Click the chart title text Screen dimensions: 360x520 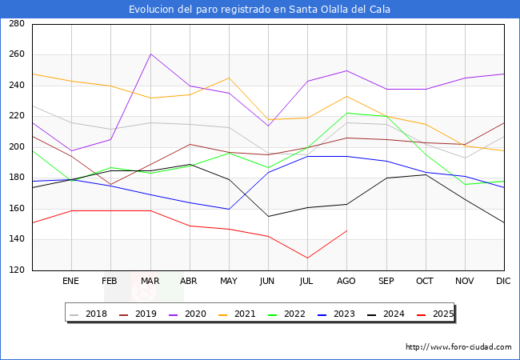tap(260, 10)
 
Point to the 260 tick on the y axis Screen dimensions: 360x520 tap(16, 54)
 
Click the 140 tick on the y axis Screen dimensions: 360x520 tap(16, 240)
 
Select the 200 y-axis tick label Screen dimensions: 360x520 tap(16, 147)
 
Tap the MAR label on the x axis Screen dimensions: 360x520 tap(150, 282)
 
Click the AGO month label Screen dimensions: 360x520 tap(346, 282)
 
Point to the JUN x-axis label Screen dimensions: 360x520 tap(268, 282)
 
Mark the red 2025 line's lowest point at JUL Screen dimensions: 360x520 tap(307, 258)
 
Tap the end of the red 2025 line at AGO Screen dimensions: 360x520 tap(346, 230)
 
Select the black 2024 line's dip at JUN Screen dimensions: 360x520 tap(268, 216)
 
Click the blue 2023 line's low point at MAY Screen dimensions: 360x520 tap(229, 209)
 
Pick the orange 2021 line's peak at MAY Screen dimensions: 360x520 tap(229, 78)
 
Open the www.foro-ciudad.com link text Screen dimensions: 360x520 tap(458, 347)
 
